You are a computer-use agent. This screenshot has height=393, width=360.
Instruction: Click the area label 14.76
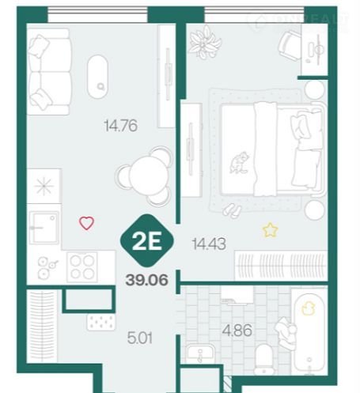(121, 126)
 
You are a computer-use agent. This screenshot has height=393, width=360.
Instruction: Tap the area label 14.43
(209, 244)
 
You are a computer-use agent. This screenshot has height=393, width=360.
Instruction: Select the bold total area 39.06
(147, 280)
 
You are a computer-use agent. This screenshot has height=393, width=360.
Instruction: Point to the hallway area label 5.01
(140, 338)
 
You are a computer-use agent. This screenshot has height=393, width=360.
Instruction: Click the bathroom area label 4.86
(237, 331)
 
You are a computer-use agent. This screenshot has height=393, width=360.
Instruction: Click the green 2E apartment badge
(147, 240)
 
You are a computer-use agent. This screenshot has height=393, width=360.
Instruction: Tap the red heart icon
(87, 223)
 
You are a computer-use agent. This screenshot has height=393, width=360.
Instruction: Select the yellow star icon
(270, 230)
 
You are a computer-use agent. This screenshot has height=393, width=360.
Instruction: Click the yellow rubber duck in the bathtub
(308, 308)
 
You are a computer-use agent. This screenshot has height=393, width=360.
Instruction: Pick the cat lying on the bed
(240, 163)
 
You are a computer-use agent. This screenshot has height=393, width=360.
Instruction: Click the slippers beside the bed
(232, 210)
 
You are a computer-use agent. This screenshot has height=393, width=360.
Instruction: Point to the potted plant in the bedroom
(205, 42)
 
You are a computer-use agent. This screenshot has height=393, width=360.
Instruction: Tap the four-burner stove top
(82, 267)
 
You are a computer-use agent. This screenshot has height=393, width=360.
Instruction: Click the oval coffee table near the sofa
(97, 77)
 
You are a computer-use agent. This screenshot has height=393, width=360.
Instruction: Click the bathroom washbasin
(200, 355)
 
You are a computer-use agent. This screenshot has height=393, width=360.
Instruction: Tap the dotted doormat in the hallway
(101, 322)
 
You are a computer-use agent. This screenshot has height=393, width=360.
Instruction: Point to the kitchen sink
(44, 228)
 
